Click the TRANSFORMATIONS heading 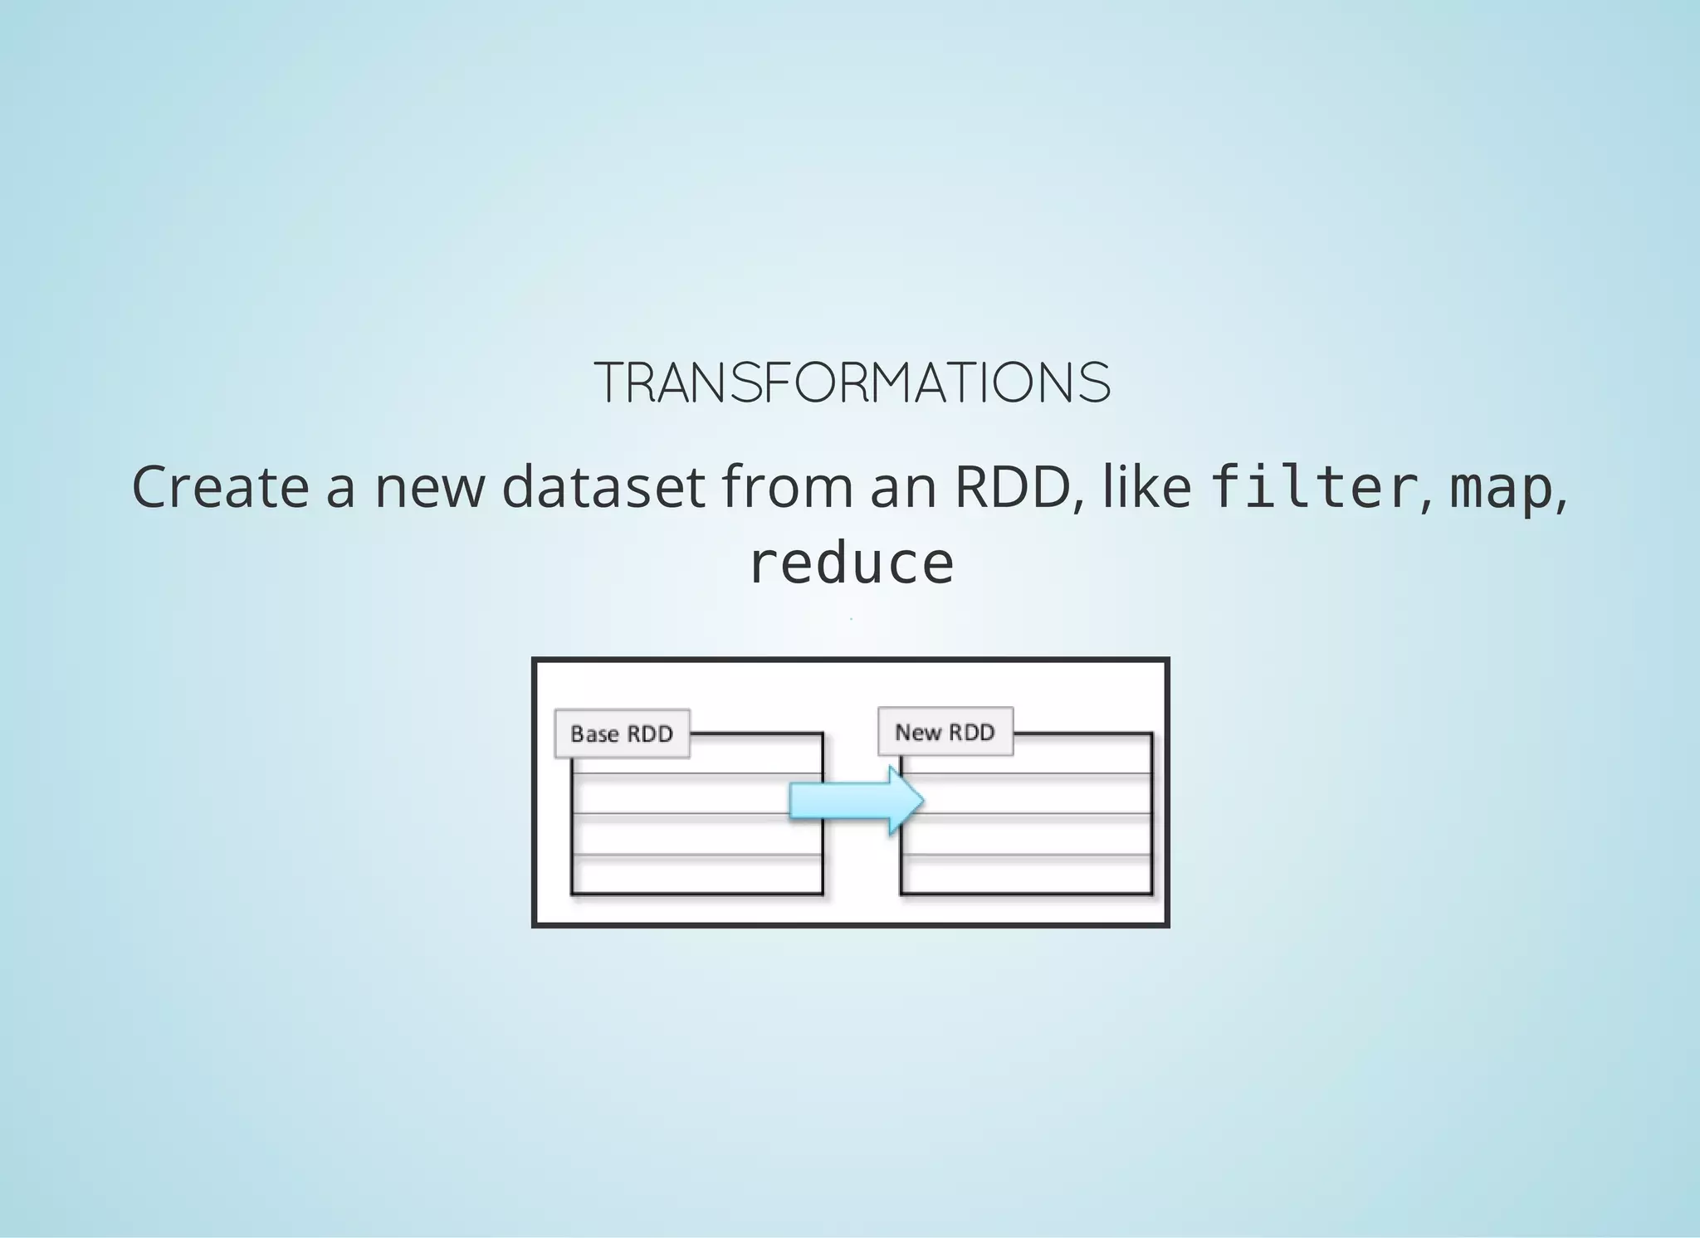click(x=852, y=383)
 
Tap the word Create click(x=220, y=487)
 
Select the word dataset click(x=603, y=487)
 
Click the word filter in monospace click(x=1313, y=487)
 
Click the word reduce click(x=852, y=564)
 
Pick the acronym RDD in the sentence click(x=1012, y=487)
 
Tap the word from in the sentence click(x=787, y=487)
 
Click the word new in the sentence click(x=429, y=489)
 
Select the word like click(x=1146, y=487)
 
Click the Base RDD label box click(x=622, y=734)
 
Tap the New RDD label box click(x=945, y=732)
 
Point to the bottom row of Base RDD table click(x=697, y=874)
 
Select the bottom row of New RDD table click(x=1027, y=874)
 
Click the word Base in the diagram click(x=594, y=734)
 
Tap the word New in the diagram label click(x=917, y=733)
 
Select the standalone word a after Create click(x=340, y=489)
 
